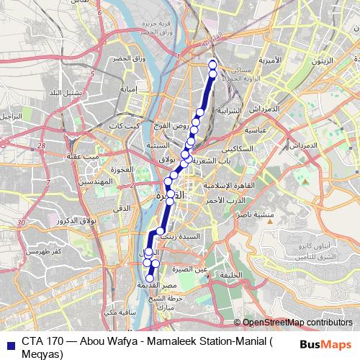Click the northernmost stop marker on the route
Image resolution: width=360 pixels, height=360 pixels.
point(212,66)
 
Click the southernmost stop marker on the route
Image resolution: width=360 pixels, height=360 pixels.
point(150,278)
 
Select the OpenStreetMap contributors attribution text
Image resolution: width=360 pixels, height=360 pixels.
point(297,323)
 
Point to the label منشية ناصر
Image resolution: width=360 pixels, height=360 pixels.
point(256,214)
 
